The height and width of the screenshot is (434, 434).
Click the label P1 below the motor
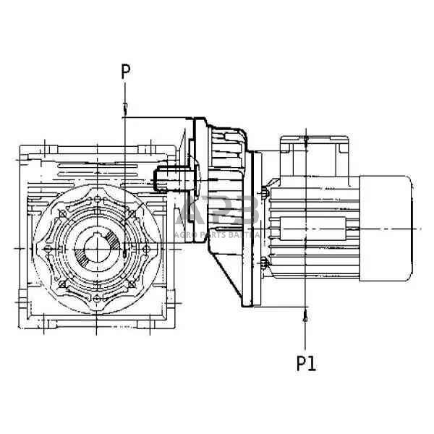pos(306,362)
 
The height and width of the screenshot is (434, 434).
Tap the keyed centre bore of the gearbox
pos(95,249)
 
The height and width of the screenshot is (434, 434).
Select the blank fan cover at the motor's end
pos(386,228)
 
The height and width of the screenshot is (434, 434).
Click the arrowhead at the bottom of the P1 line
pos(306,315)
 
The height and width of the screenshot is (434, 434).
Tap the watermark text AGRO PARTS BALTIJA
pos(217,236)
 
